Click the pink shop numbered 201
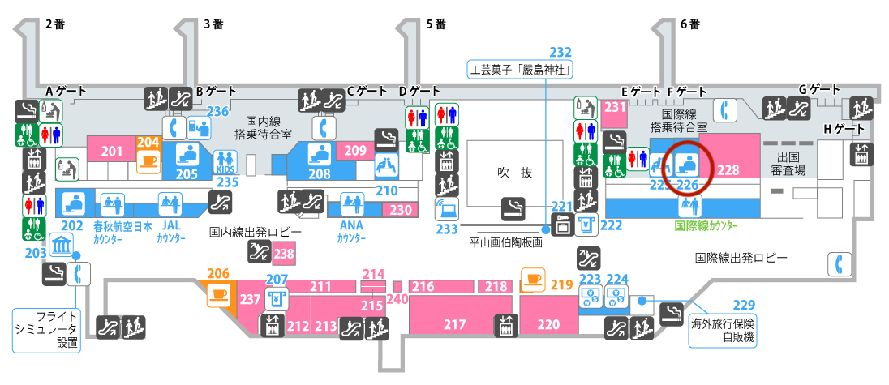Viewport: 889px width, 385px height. pos(111,151)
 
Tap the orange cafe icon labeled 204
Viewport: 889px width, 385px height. pos(148,160)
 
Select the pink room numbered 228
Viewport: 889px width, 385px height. pos(728,170)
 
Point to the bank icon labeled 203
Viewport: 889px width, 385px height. pos(61,246)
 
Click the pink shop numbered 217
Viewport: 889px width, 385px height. pos(454,325)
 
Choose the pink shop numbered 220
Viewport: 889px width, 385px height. pos(548,325)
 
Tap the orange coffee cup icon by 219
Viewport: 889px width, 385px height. pos(532,280)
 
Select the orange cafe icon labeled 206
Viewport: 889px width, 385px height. pos(217,293)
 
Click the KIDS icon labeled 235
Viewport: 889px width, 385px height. pos(224,161)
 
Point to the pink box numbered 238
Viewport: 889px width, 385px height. pos(283,255)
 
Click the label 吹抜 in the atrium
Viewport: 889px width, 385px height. pos(514,173)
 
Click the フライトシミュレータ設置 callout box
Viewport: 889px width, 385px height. pos(46,329)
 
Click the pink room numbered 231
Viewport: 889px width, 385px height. pos(614,108)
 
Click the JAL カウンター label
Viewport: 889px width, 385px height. pos(170,233)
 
